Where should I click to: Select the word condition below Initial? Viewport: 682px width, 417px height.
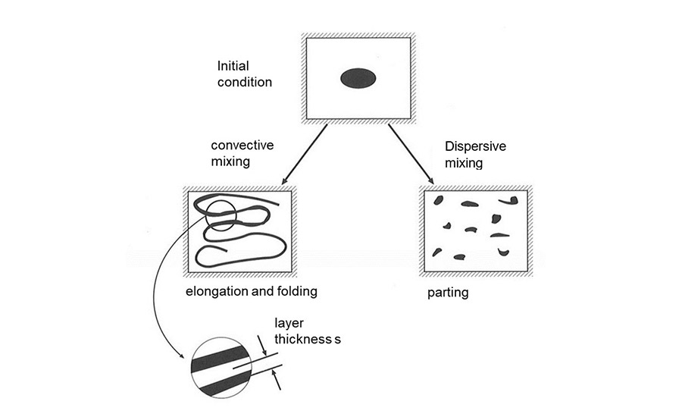click(244, 82)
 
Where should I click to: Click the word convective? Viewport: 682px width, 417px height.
click(242, 145)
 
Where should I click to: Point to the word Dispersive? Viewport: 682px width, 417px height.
click(472, 146)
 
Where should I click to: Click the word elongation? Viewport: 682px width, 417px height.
click(217, 290)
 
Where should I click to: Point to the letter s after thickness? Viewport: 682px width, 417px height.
click(338, 340)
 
